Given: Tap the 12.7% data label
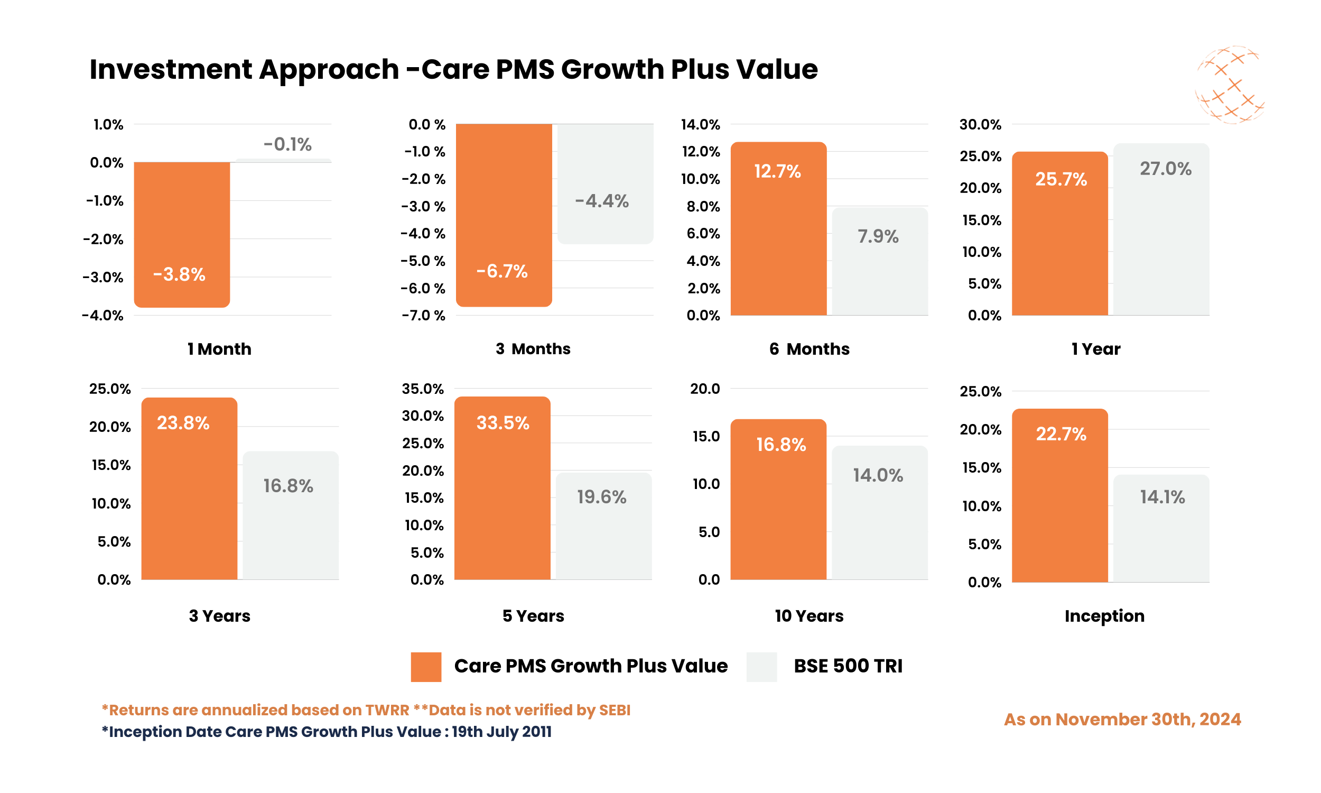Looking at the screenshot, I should [x=777, y=171].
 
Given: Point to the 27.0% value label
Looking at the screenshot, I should [x=1165, y=169].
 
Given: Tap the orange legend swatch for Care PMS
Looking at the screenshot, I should [x=425, y=666].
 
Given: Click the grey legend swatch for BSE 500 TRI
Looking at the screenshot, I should [x=761, y=666].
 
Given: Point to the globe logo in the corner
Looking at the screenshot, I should [x=1229, y=86].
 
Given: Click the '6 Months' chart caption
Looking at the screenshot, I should [x=809, y=349].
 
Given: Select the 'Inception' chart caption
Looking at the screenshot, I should [x=1104, y=615].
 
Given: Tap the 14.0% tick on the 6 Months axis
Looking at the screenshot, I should [x=700, y=125].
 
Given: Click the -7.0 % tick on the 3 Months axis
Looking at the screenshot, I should [x=423, y=315].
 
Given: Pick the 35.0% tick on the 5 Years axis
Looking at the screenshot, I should [x=422, y=389].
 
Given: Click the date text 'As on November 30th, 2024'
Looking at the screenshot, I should [x=1122, y=720].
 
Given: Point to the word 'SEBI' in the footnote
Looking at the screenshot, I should [x=615, y=709].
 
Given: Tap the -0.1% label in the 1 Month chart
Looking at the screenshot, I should [x=287, y=144].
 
